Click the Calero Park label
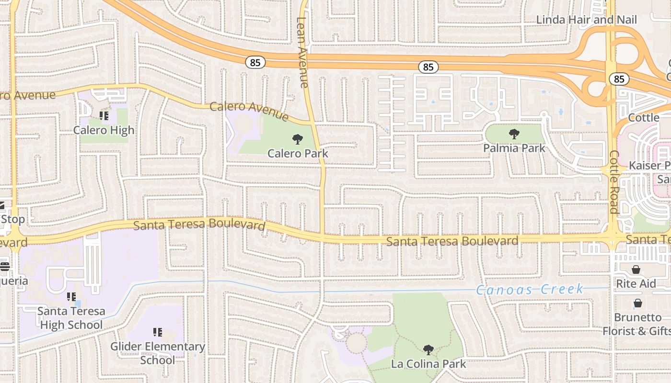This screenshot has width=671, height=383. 298,153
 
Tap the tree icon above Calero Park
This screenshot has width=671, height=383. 298,139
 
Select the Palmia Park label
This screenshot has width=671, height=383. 514,148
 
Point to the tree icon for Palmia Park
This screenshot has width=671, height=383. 514,134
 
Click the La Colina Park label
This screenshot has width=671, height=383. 428,364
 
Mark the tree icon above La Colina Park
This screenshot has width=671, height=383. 428,350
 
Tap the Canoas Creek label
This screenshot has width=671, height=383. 530,290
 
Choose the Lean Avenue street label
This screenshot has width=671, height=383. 302,53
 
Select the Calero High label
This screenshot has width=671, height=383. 104,130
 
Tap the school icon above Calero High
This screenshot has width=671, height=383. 104,116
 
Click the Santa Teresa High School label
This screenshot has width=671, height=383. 71,318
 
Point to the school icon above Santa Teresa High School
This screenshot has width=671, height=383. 71,297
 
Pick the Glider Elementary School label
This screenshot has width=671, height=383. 157,353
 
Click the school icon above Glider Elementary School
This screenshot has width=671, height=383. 157,332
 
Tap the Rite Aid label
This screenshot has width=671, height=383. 636,284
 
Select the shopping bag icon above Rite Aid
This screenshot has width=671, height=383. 636,270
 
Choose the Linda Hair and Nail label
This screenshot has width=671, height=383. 586,20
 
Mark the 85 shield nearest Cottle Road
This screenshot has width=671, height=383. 619,79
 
